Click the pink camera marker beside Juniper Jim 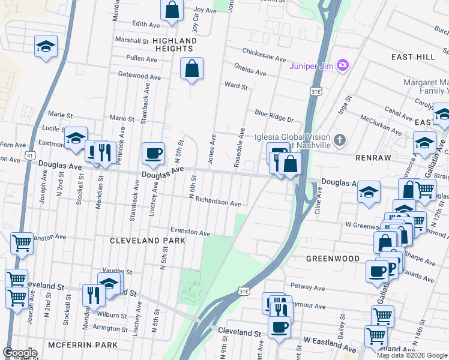342,64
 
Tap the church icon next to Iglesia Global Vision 340,141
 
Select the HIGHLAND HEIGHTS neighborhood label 174,44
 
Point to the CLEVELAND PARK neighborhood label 147,240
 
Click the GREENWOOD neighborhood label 333,259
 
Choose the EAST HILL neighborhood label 413,57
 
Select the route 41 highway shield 29,155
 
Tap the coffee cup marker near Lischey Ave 154,153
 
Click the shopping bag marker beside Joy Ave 172,10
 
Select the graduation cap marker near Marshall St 46,46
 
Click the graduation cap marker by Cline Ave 369,192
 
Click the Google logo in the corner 20,352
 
